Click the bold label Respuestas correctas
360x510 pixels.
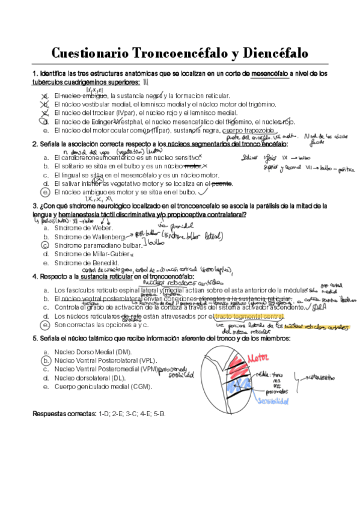pos(63,415)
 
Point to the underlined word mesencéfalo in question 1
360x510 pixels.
pos(269,73)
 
